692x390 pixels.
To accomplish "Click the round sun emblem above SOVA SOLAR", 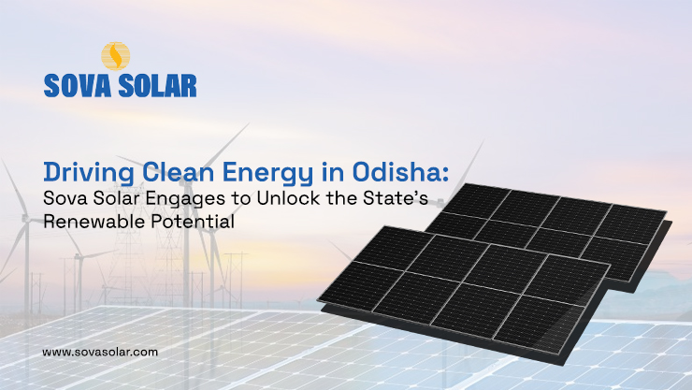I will tap(115, 56).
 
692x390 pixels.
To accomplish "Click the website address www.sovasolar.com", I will tap(101, 352).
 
